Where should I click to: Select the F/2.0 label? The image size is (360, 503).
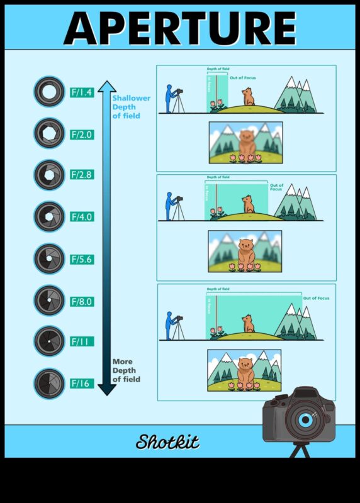[x=82, y=134]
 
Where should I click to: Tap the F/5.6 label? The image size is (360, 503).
[x=82, y=258]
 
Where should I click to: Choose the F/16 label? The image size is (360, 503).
[x=81, y=383]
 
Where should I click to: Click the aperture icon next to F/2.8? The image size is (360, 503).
[x=49, y=175]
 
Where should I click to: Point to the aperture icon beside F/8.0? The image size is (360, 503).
[x=49, y=300]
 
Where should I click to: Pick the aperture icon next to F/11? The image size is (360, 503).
[x=49, y=341]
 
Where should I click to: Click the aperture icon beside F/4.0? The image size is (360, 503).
[x=49, y=217]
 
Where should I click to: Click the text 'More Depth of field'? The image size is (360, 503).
[x=126, y=370]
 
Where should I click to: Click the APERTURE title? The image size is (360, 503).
[x=180, y=28]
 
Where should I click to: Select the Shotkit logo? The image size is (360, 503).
[x=167, y=442]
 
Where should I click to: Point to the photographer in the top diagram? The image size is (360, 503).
[x=171, y=99]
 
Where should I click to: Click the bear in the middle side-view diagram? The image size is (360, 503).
[x=248, y=204]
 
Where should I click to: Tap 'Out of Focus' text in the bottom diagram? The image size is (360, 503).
[x=315, y=297]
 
